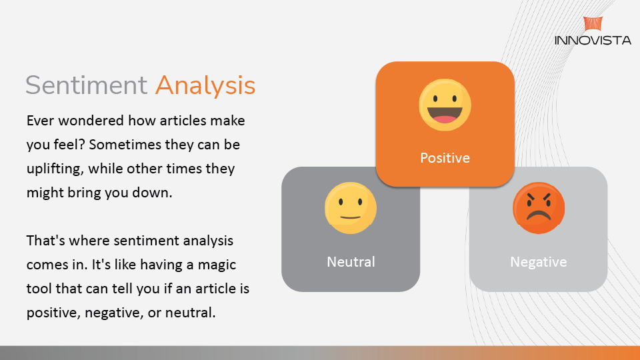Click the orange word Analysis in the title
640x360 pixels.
tap(205, 86)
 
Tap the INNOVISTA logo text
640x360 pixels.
tap(593, 40)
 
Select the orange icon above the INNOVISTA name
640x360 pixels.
tap(593, 24)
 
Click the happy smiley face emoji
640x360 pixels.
tap(445, 105)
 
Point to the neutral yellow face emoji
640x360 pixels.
tap(351, 208)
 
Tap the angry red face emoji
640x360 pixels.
tap(539, 208)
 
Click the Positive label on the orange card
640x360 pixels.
tap(445, 158)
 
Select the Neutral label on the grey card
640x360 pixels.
tap(351, 261)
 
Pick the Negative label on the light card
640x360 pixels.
tap(539, 262)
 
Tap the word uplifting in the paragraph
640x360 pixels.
tap(55, 169)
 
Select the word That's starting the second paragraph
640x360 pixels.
tap(46, 241)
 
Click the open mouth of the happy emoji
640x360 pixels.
tap(445, 115)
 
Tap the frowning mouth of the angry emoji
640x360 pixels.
tap(539, 215)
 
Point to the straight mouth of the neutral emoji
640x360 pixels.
tap(351, 217)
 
